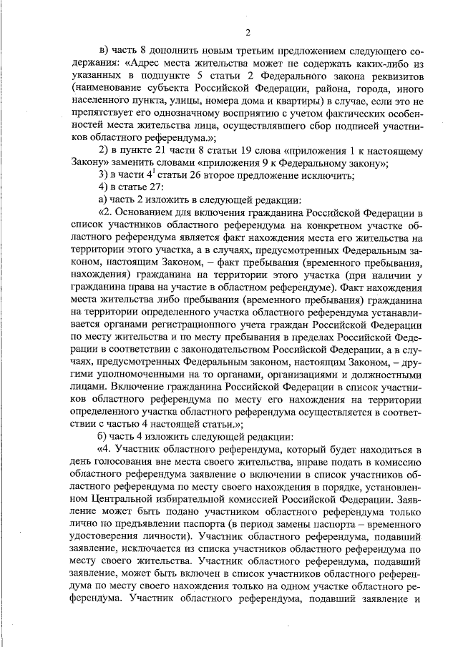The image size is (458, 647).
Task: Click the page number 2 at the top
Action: click(x=247, y=31)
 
